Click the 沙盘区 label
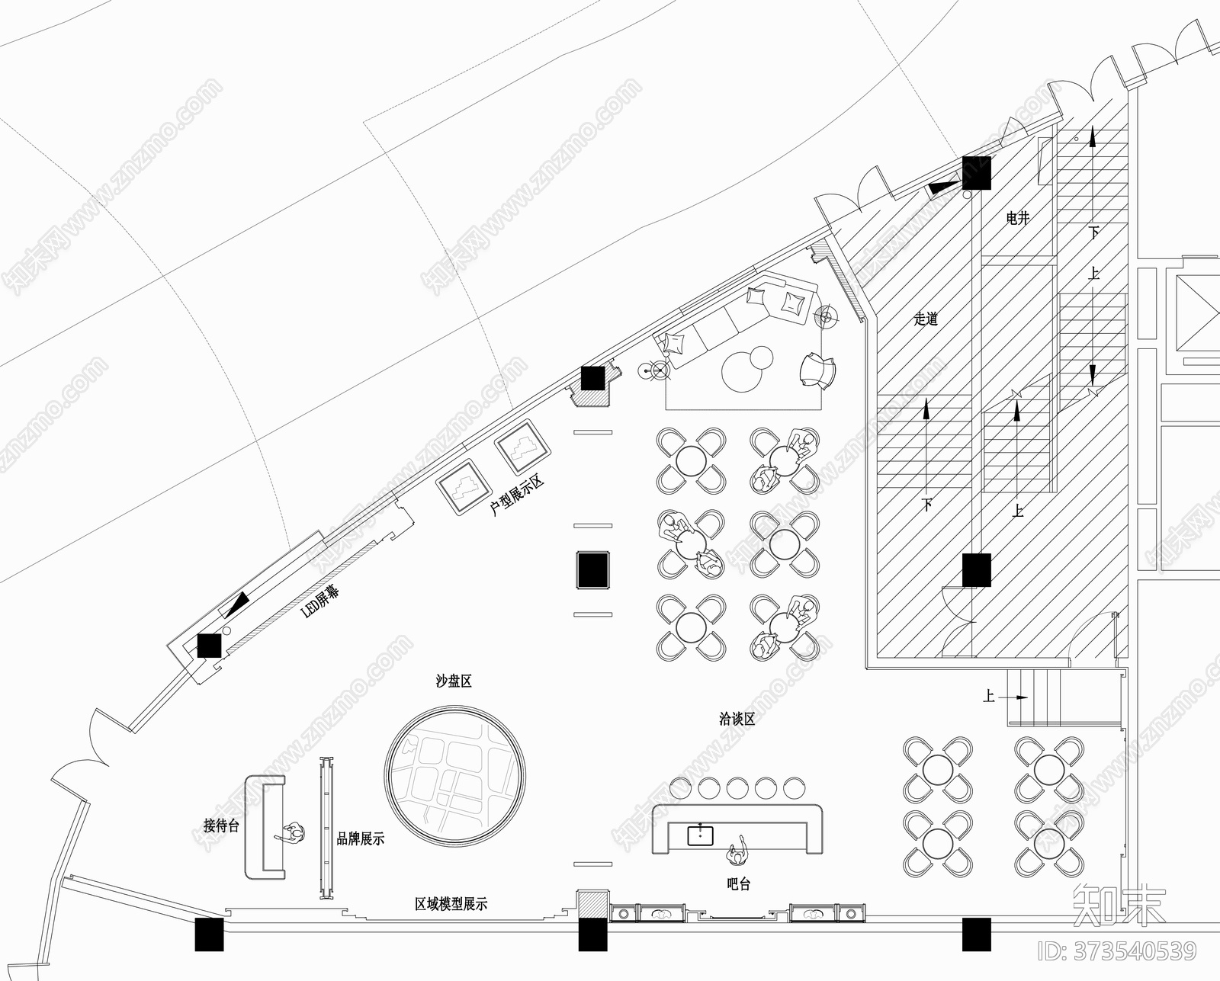coord(454,681)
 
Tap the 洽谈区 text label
coord(737,718)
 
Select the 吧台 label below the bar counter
coord(738,884)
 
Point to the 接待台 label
coord(221,826)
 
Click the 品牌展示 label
coord(361,839)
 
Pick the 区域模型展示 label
coord(451,904)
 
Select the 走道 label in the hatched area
coord(926,319)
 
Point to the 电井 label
coord(1018,219)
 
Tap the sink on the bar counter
coord(700,835)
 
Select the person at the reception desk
coord(293,834)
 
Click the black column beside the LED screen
coord(208,646)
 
